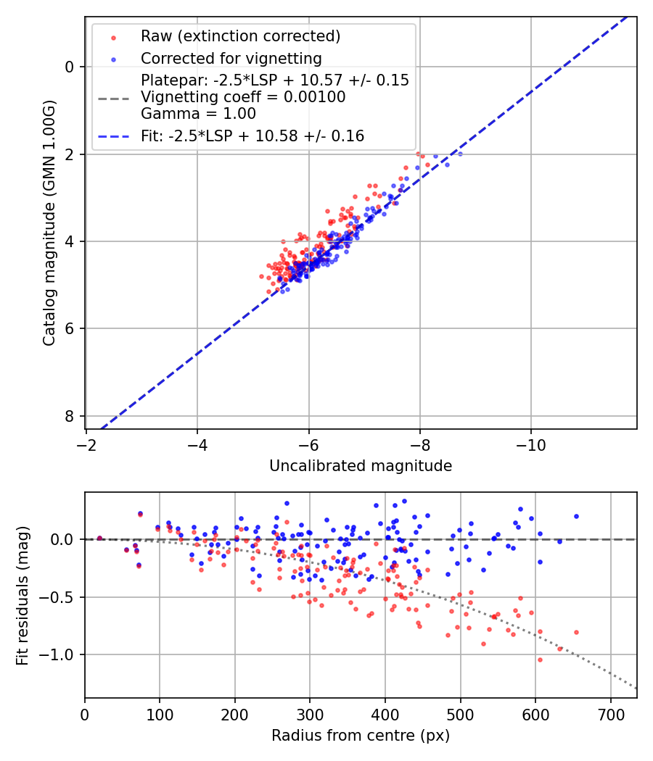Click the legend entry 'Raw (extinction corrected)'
(x=240, y=36)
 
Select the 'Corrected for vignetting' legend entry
(x=231, y=58)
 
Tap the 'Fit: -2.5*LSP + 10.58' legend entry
(x=252, y=136)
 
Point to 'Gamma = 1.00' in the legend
(x=198, y=113)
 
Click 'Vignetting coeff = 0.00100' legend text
(x=243, y=97)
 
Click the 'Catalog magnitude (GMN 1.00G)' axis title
(x=49, y=223)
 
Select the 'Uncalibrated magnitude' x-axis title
(x=361, y=466)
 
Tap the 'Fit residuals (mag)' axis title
(x=22, y=595)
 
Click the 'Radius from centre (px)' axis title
(x=361, y=736)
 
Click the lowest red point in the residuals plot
(x=540, y=660)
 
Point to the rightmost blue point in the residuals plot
(x=576, y=516)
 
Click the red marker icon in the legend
(x=113, y=36)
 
